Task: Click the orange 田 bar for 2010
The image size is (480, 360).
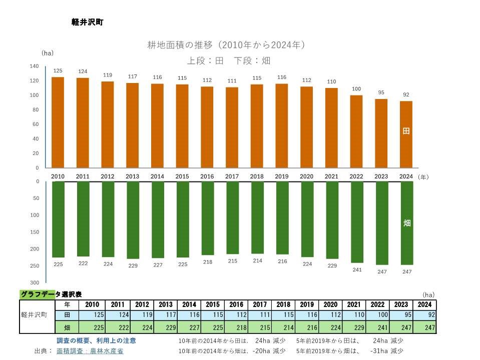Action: [58, 122]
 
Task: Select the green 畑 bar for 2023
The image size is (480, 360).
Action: [382, 223]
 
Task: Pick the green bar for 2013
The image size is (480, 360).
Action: [133, 220]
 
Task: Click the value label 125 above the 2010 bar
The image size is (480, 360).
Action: [58, 70]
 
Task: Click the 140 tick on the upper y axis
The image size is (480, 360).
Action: [34, 66]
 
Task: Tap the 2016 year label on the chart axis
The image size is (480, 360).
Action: [207, 176]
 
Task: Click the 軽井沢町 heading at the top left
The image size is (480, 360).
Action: [88, 22]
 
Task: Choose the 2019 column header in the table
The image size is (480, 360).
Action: [307, 304]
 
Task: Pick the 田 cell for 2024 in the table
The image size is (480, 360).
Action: [424, 315]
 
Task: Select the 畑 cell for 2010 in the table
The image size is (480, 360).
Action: [92, 328]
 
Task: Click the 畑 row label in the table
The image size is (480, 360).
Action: [67, 328]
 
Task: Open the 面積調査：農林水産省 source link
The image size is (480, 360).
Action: [90, 351]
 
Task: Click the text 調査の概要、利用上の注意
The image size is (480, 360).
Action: [96, 340]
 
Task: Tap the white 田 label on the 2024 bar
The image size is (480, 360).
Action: [406, 131]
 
